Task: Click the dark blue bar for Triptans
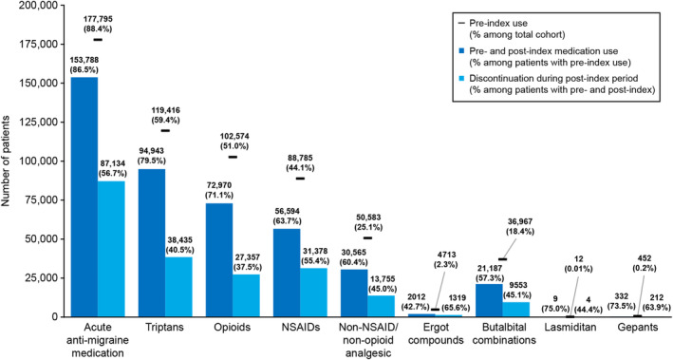[x=152, y=243]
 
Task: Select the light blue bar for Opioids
[x=247, y=295]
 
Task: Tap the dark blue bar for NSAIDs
[x=287, y=273]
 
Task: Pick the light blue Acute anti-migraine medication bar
[x=111, y=249]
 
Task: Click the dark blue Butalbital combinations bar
[x=489, y=300]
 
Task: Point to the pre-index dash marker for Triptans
[x=165, y=130]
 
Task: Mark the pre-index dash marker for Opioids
[x=233, y=157]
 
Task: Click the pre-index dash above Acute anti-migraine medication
[x=98, y=40]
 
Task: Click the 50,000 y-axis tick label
[x=39, y=238]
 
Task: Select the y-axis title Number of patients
[x=6, y=161]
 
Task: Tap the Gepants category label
[x=637, y=328]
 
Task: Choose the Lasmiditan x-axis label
[x=570, y=328]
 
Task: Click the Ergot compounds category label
[x=435, y=333]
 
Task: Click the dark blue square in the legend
[x=461, y=51]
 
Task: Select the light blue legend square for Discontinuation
[x=461, y=79]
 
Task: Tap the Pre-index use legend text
[x=498, y=23]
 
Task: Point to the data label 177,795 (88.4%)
[x=98, y=25]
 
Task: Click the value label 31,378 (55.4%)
[x=315, y=256]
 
